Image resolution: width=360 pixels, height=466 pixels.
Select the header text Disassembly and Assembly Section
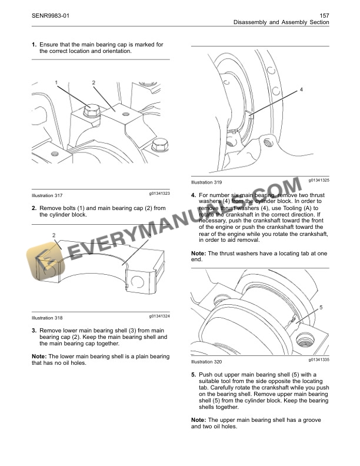point(281,22)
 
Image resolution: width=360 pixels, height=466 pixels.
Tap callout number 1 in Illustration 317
point(57,82)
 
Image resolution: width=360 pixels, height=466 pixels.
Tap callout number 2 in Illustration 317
point(94,82)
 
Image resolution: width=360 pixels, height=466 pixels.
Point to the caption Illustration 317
point(47,195)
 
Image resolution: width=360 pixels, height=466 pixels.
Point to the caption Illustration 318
point(47,318)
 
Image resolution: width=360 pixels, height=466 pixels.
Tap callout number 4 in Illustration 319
point(301,89)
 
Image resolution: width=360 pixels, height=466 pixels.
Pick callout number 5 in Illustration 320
point(321,307)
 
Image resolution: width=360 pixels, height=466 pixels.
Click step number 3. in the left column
point(34,331)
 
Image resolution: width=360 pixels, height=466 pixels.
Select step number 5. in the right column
point(194,375)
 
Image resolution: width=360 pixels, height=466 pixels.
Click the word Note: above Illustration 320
point(199,253)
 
